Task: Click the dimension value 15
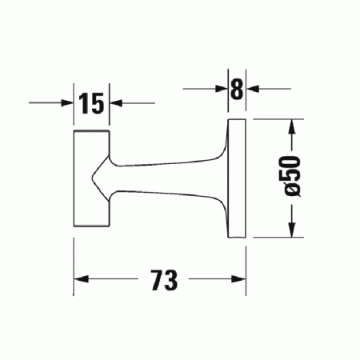[92, 102]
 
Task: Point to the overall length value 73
[161, 281]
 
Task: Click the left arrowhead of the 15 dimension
[69, 102]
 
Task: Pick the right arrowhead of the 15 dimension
[115, 102]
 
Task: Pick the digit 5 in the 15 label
[98, 102]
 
